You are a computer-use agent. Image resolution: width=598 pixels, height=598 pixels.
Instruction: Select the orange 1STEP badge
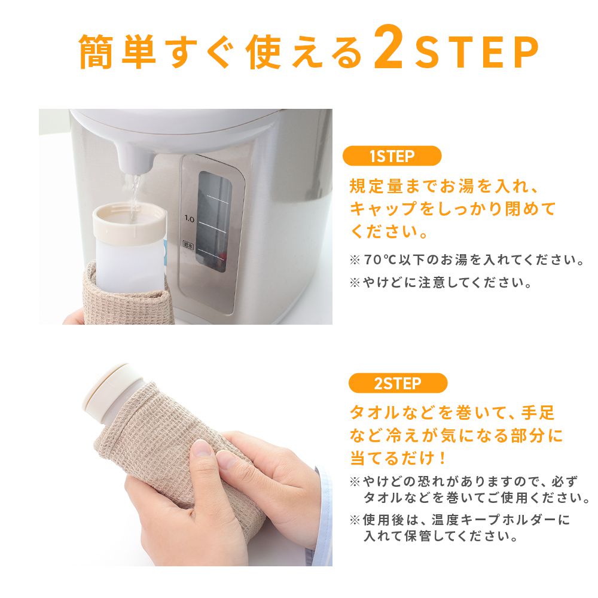(x=392, y=156)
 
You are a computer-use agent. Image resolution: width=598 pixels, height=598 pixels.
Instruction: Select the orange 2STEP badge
(x=398, y=383)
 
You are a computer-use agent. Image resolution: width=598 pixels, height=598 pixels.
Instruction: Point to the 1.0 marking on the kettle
(x=189, y=219)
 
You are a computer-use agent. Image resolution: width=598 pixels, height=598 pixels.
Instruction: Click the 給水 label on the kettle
(x=188, y=245)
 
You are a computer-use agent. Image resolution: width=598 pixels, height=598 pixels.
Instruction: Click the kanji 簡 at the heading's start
(x=96, y=52)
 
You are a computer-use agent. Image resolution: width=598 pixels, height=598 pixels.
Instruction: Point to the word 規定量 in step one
(x=377, y=187)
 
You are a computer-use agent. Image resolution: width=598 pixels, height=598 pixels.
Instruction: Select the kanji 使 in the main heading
(x=263, y=52)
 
